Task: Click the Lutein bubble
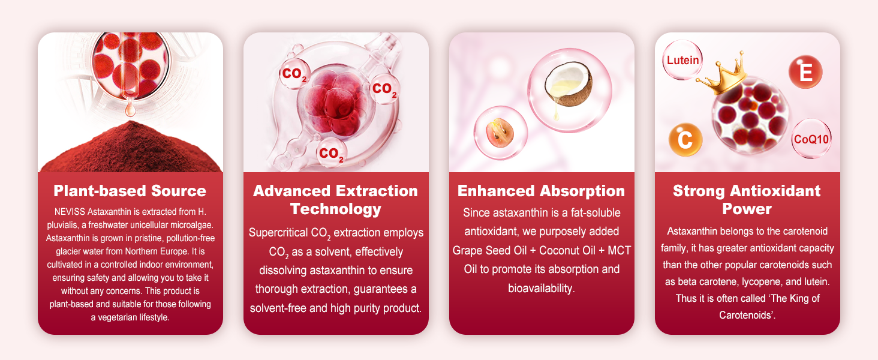click(x=682, y=60)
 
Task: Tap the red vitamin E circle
click(x=805, y=72)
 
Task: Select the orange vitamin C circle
click(x=685, y=140)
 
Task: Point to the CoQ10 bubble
click(x=811, y=139)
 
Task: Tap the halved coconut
click(x=569, y=85)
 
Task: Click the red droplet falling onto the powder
click(x=130, y=107)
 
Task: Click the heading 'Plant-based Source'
click(x=130, y=191)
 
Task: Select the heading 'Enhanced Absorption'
click(x=542, y=191)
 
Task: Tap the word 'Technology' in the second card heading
click(x=335, y=209)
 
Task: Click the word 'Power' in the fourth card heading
click(x=747, y=209)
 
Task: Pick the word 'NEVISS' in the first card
click(x=70, y=212)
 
